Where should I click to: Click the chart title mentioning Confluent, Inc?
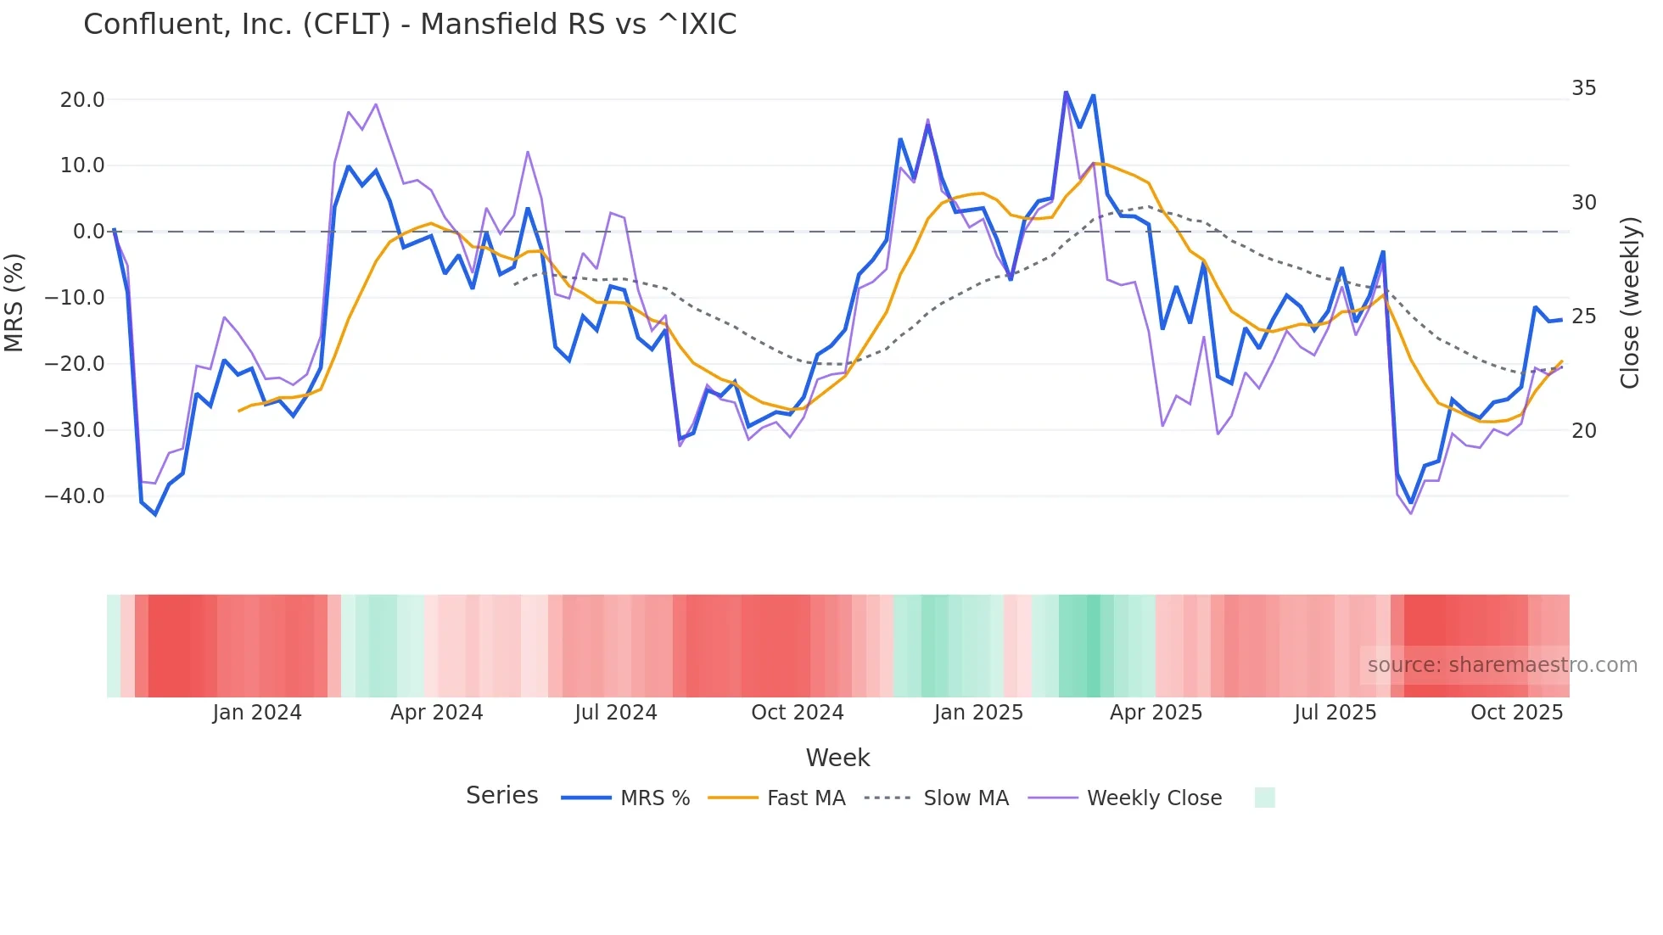click(x=410, y=24)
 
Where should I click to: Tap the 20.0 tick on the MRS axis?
click(x=82, y=99)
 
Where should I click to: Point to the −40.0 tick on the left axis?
click(x=75, y=495)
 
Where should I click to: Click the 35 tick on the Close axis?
click(x=1583, y=88)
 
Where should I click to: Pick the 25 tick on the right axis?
click(x=1583, y=316)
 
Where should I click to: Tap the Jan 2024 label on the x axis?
click(x=256, y=713)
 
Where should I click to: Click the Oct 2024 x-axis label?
click(x=797, y=713)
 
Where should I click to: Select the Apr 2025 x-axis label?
click(x=1156, y=713)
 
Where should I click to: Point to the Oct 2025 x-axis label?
click(x=1516, y=713)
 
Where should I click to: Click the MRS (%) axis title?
click(x=14, y=302)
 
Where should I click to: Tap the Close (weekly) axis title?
click(x=1630, y=303)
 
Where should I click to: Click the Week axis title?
click(x=837, y=758)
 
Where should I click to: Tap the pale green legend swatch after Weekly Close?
click(x=1264, y=798)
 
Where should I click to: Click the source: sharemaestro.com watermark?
click(x=1502, y=665)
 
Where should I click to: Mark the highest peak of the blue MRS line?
click(x=1066, y=92)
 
